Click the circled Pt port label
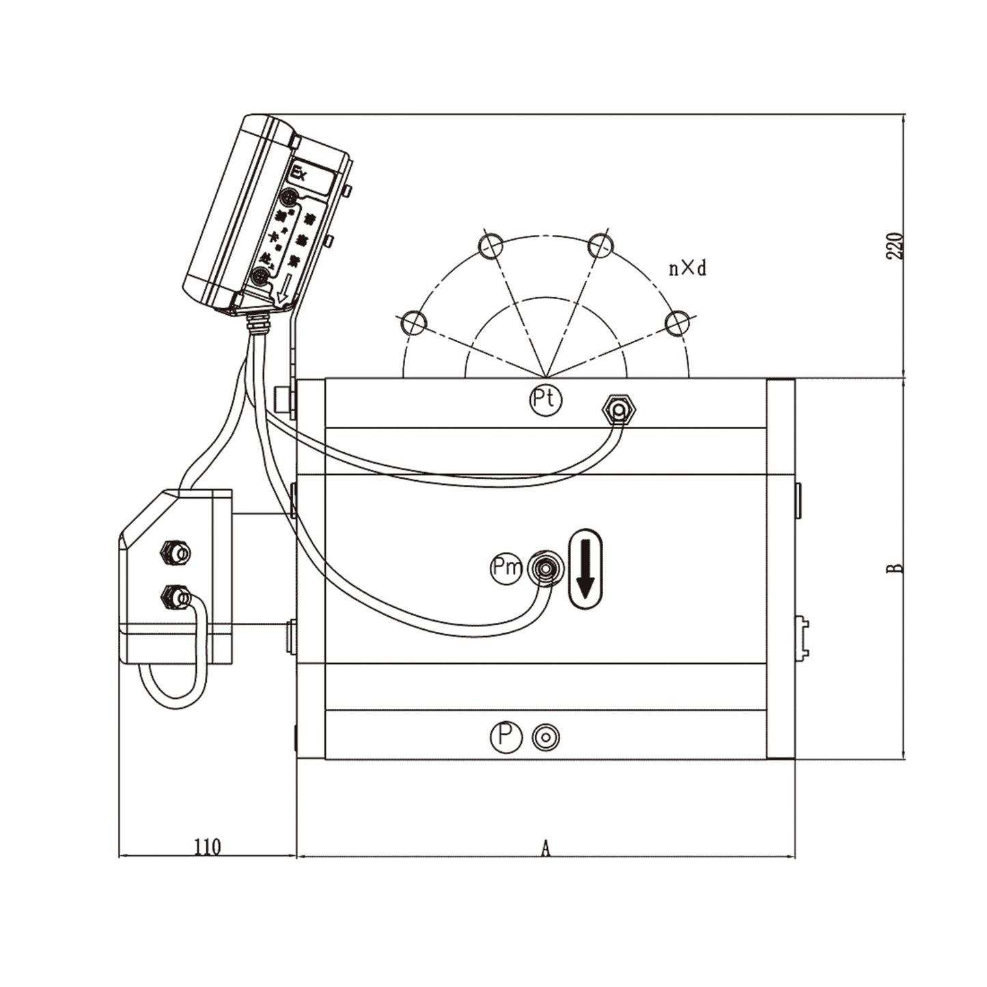coord(545,400)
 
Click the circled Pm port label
coord(506,568)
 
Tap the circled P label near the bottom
coord(505,736)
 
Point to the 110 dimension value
coord(207,847)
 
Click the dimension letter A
coord(545,848)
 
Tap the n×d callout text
coord(687,268)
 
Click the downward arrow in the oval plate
coord(585,569)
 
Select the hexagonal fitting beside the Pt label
coord(618,409)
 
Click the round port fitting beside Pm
coord(545,567)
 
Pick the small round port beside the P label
coord(546,737)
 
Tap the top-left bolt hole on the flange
coord(490,245)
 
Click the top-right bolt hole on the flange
coord(600,245)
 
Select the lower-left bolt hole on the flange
coord(413,322)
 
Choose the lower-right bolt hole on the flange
coord(678,323)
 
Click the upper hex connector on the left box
coord(175,551)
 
